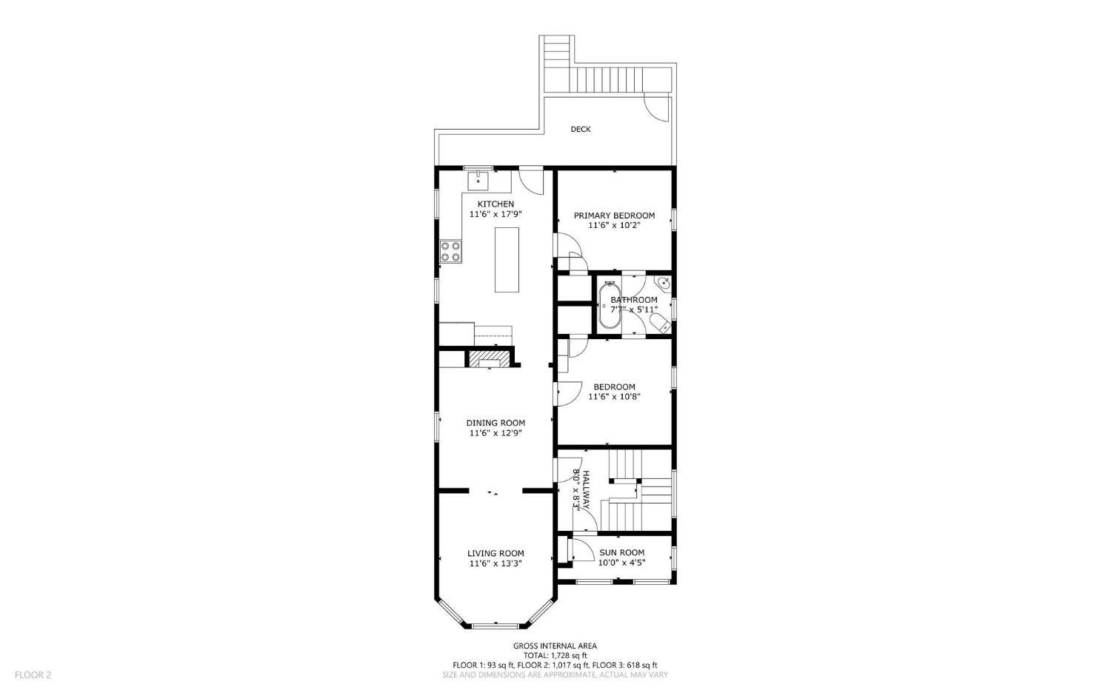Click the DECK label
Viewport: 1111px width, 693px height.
coord(580,130)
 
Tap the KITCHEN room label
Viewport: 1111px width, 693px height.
coord(495,204)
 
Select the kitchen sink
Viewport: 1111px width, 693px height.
coord(478,180)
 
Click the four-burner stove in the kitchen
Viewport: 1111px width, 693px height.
coord(450,252)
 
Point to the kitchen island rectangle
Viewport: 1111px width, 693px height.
coord(507,260)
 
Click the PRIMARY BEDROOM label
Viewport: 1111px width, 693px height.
coord(614,215)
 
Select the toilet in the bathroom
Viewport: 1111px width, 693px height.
coord(659,321)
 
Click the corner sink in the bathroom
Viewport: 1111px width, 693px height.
coord(664,284)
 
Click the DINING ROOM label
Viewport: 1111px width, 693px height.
coord(496,423)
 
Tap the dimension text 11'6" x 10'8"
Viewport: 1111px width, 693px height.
coord(614,397)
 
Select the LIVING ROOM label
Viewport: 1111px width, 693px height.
coord(496,553)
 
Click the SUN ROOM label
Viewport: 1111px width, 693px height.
coord(621,552)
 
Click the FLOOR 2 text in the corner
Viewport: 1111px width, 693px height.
coord(33,674)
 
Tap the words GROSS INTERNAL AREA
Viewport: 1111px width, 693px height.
coord(555,646)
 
